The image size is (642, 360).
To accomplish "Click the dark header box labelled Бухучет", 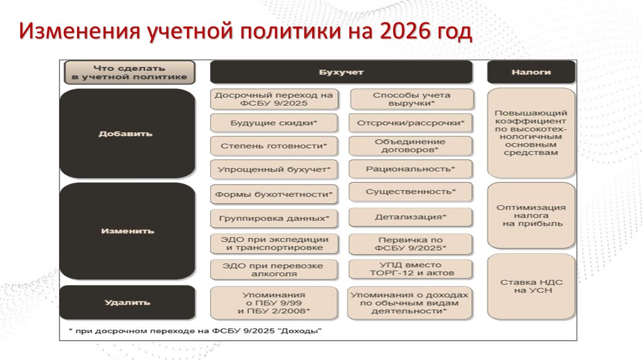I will [340, 72].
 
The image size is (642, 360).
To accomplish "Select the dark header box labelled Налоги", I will [530, 72].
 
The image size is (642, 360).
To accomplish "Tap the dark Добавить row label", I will [125, 134].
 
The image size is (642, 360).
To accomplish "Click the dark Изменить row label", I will [125, 231].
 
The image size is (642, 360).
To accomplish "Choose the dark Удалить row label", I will [125, 302].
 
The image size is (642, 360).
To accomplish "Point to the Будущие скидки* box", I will [274, 123].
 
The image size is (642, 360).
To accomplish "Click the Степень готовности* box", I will [274, 146].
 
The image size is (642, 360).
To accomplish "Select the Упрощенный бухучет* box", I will [274, 169].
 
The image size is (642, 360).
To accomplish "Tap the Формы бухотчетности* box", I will [274, 194].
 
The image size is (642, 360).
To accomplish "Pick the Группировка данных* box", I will [274, 218].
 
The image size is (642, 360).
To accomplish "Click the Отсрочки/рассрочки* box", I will [411, 123].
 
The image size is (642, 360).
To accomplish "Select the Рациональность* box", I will [411, 169].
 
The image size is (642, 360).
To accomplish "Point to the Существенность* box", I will [411, 191].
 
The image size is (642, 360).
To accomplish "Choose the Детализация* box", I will [411, 217].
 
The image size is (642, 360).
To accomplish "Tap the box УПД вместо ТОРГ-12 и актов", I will [411, 269].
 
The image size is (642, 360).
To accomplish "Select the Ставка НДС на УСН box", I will [530, 287].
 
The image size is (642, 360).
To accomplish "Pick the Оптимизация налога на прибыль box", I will [530, 215].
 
